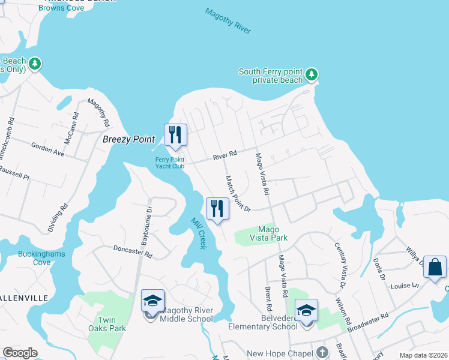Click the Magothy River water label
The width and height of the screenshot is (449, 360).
pyautogui.click(x=228, y=21)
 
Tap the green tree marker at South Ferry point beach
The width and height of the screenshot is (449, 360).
pyautogui.click(x=311, y=75)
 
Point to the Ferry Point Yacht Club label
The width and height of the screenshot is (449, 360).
pyautogui.click(x=170, y=163)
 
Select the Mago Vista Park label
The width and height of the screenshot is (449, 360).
pyautogui.click(x=273, y=233)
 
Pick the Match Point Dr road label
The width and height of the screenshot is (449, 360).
pyautogui.click(x=237, y=193)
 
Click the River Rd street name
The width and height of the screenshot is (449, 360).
pyautogui.click(x=225, y=157)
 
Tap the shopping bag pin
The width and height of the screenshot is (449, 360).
pyautogui.click(x=435, y=267)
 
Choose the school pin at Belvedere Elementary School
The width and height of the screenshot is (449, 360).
pyautogui.click(x=306, y=310)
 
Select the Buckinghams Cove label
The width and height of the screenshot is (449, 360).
pyautogui.click(x=41, y=258)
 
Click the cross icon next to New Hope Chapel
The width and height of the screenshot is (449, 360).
pyautogui.click(x=322, y=352)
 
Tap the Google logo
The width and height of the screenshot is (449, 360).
pyautogui.click(x=20, y=353)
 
